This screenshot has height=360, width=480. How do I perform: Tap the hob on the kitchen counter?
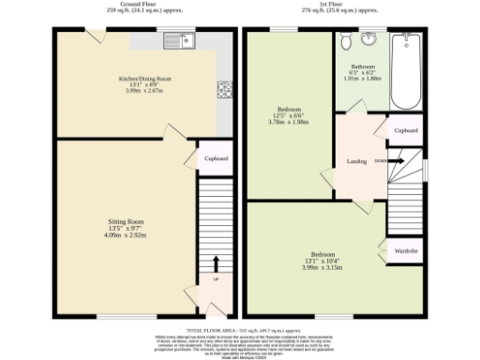(225, 90)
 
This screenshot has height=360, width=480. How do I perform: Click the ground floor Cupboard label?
(216, 158)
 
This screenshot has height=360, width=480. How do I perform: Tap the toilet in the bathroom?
(348, 39)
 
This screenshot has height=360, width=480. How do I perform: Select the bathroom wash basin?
(367, 38)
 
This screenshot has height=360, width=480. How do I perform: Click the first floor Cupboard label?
(406, 130)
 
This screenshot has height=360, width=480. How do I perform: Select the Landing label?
(355, 160)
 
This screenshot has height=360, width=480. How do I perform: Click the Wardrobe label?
(405, 251)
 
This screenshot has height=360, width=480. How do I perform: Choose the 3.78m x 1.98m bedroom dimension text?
(289, 121)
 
